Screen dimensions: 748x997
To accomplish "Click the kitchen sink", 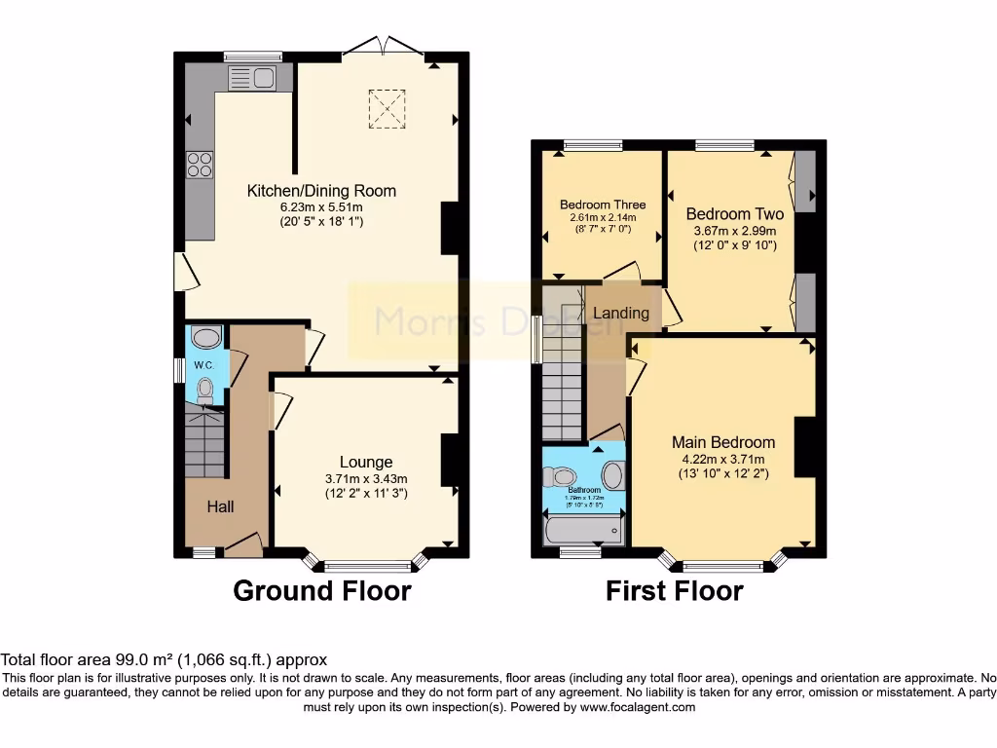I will point(252,78).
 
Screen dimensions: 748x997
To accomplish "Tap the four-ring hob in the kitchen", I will point(200,165).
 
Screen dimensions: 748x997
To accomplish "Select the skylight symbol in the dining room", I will point(386,107).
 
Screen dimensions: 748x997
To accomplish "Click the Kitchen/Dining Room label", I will point(321,190).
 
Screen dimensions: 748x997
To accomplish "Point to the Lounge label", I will point(366,462).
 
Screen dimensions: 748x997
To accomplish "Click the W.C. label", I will point(203,365).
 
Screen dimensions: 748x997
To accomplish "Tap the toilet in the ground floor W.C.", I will point(204,392).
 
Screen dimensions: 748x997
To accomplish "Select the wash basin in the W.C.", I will point(206,338).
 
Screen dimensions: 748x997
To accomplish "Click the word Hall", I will point(220,506).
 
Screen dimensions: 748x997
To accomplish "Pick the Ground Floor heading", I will point(321,590).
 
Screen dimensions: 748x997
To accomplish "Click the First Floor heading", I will point(675,590).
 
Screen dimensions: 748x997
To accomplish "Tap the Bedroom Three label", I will point(603,205).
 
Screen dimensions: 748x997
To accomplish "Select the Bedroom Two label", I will point(735,214).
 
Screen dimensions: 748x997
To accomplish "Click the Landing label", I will point(621,313).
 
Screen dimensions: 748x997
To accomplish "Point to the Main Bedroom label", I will point(723,442).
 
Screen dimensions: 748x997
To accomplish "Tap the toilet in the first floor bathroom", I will point(558,477).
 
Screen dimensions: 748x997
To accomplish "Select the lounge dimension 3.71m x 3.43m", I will point(366,478).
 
